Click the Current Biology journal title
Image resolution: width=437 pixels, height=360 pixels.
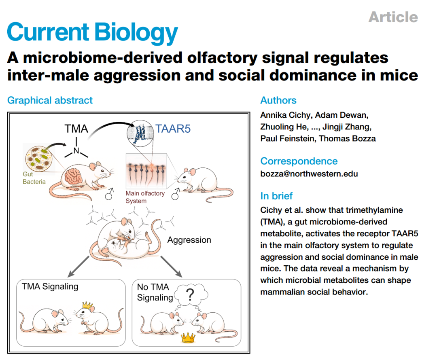pyautogui.click(x=92, y=32)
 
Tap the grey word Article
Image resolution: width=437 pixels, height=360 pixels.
pyautogui.click(x=393, y=17)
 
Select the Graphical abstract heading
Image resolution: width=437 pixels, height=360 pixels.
pyautogui.click(x=50, y=100)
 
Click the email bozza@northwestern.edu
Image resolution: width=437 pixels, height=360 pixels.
pyautogui.click(x=309, y=174)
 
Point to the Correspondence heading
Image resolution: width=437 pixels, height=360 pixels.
pyautogui.click(x=299, y=161)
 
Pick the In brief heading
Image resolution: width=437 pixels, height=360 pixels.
pyautogui.click(x=276, y=196)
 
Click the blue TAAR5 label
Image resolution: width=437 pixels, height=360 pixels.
pyautogui.click(x=173, y=129)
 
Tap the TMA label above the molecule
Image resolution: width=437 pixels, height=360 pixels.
pyautogui.click(x=76, y=129)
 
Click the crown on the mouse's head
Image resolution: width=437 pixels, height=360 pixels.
pyautogui.click(x=87, y=305)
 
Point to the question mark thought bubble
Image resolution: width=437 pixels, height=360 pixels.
pyautogui.click(x=190, y=295)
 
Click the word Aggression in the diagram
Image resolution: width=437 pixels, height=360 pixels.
pyautogui.click(x=189, y=240)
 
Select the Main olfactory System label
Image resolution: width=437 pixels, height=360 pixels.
pyautogui.click(x=144, y=197)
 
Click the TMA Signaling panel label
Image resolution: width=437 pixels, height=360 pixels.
pyautogui.click(x=50, y=287)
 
